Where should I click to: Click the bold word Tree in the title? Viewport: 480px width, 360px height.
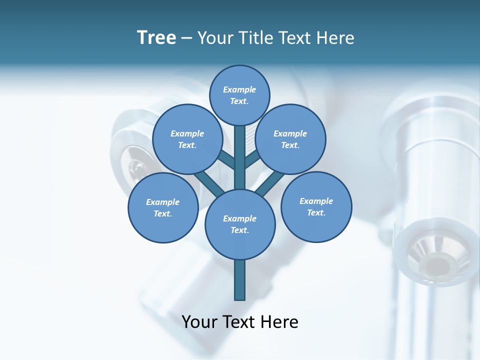pyautogui.click(x=156, y=38)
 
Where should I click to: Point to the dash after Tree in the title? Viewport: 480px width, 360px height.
pyautogui.click(x=186, y=38)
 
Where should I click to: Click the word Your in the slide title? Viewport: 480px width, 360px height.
pyautogui.click(x=215, y=38)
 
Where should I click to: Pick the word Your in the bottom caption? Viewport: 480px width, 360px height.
pyautogui.click(x=200, y=322)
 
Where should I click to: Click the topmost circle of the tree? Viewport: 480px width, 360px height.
pyautogui.click(x=239, y=95)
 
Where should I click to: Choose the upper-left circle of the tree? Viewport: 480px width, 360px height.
pyautogui.click(x=187, y=139)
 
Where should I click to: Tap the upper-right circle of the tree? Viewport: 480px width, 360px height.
pyautogui.click(x=290, y=139)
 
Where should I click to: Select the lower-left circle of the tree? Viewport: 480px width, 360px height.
pyautogui.click(x=163, y=207)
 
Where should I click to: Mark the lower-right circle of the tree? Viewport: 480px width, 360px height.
pyautogui.click(x=316, y=206)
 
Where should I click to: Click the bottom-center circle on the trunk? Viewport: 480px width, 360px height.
pyautogui.click(x=240, y=224)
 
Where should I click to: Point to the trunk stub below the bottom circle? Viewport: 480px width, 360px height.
pyautogui.click(x=240, y=280)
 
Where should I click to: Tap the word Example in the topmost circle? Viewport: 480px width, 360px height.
pyautogui.click(x=239, y=89)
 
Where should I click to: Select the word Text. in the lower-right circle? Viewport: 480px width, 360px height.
pyautogui.click(x=316, y=212)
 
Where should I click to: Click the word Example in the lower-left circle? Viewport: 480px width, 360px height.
pyautogui.click(x=162, y=202)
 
